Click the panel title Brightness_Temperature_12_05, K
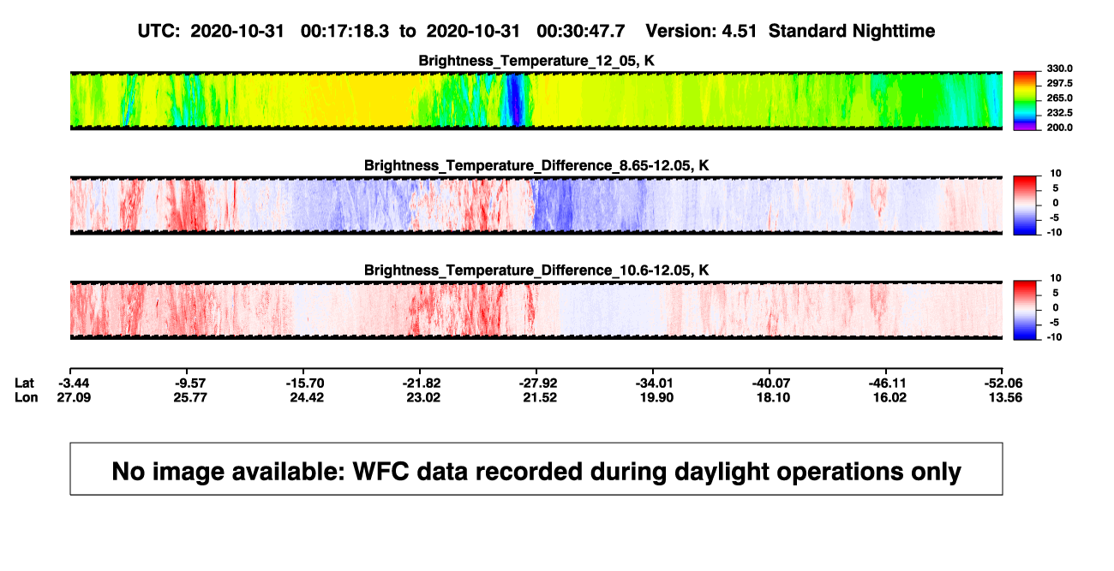coord(536,61)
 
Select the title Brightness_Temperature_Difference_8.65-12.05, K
coord(536,165)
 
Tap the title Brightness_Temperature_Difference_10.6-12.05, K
coord(536,271)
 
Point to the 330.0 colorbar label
coord(1059,68)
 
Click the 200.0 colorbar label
coord(1059,128)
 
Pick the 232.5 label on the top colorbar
coord(1059,113)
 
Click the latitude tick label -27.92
coord(538,384)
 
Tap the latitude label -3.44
coord(74,384)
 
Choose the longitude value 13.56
coord(1005,397)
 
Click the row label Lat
coord(24,384)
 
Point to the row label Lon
coord(26,397)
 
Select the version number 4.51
coord(739,32)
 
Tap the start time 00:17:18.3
coord(344,32)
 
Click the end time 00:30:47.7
coord(581,32)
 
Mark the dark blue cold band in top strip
coord(515,100)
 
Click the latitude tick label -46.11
coord(888,384)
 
